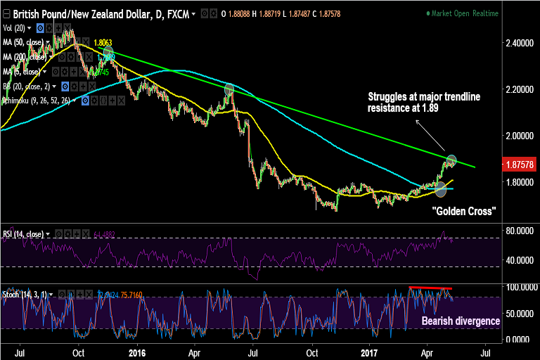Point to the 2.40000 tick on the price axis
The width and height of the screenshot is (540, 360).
(519, 44)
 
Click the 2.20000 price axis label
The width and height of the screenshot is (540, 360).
(519, 90)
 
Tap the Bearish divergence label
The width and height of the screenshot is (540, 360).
(461, 321)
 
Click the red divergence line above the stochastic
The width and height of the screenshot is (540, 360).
(431, 288)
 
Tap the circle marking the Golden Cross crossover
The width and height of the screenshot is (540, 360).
(442, 188)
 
